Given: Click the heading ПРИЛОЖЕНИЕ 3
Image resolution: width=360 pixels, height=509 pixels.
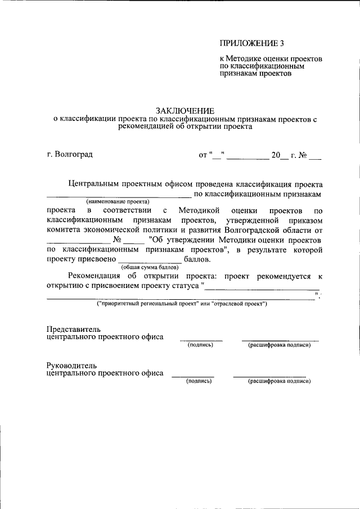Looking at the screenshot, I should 248,43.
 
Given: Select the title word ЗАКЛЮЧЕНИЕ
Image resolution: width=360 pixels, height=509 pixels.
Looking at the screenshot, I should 185,110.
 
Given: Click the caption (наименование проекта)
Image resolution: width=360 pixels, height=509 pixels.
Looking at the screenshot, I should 118,201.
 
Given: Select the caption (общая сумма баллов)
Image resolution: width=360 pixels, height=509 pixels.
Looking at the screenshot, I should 150,267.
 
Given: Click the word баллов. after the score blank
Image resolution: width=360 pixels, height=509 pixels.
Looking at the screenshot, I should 197,259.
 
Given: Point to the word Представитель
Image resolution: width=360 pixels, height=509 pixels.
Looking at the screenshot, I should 73,328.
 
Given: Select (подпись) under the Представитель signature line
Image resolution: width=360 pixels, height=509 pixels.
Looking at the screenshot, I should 200,345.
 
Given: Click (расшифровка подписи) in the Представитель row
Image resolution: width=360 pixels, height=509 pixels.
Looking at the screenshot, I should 280,345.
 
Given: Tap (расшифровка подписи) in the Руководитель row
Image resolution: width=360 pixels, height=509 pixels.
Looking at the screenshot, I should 280,381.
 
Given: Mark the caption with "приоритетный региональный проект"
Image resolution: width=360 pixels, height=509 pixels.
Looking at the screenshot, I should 182,304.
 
